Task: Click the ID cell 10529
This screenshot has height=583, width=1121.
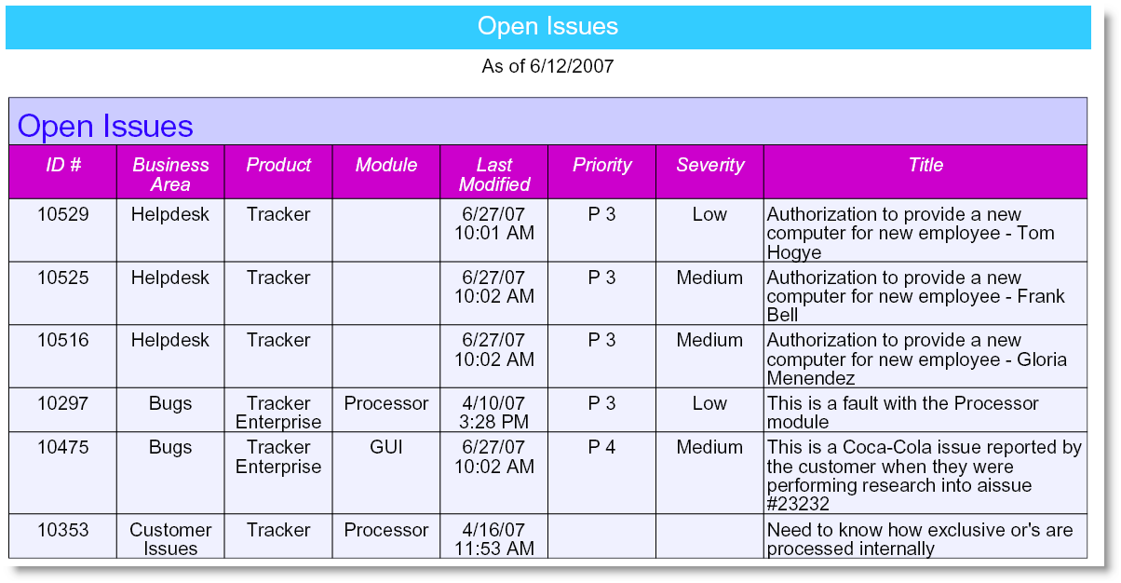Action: coord(63,214)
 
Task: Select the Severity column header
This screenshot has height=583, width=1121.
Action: coord(710,165)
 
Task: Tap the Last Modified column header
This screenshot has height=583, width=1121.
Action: coord(494,175)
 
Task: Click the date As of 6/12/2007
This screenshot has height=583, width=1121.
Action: coord(547,66)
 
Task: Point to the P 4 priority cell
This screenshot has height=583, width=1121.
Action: coord(601,447)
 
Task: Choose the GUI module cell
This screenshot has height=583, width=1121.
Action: coord(385,447)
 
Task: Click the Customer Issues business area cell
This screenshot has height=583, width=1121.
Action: coord(170,539)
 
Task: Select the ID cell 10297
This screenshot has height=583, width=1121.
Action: coord(63,403)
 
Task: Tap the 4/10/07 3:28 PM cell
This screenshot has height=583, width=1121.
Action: coord(494,413)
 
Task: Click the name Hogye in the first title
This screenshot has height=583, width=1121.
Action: coord(793,252)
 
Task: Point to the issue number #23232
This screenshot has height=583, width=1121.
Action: coord(798,504)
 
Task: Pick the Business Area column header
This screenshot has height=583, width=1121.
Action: coord(170,175)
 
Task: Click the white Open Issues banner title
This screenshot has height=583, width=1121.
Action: coord(547,26)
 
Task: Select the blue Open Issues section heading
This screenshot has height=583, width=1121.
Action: coord(105,126)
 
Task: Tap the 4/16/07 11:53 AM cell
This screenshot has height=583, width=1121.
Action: coord(494,539)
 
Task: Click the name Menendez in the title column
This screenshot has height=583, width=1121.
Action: coord(811,378)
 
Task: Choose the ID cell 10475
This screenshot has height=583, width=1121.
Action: coord(63,447)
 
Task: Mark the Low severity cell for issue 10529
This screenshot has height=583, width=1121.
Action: coord(709,214)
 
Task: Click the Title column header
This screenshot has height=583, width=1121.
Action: coord(925,165)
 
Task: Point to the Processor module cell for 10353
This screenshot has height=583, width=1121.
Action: coord(385,530)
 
